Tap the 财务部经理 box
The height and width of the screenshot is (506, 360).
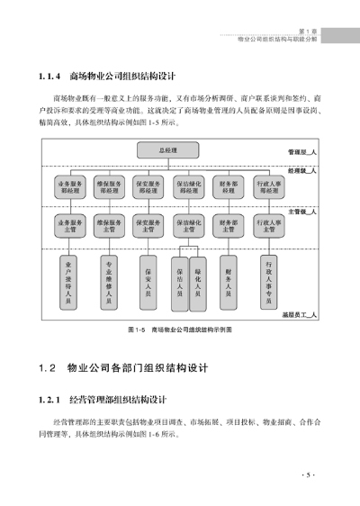[x=227, y=187]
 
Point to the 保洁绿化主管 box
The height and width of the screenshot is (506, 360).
[x=188, y=224]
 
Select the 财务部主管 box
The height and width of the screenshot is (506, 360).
[x=227, y=224]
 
